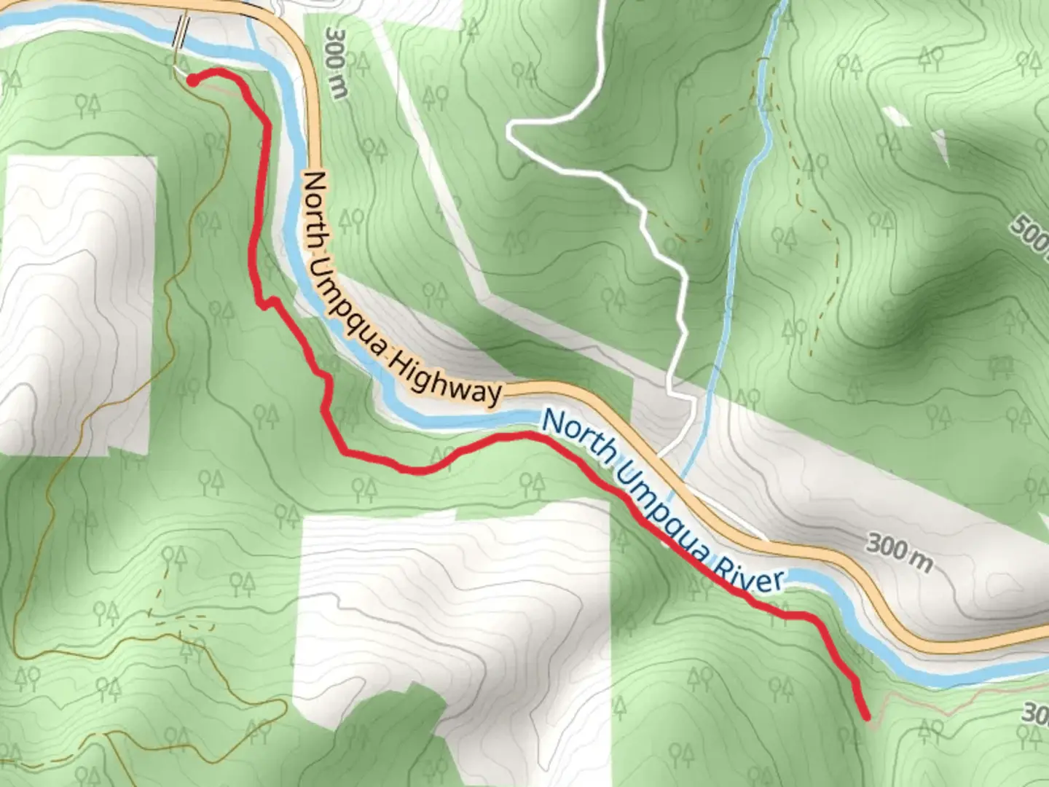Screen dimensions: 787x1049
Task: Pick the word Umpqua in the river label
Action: pos(663,510)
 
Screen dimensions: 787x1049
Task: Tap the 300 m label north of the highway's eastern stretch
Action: pos(899,551)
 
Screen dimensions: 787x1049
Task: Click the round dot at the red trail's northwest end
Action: pos(192,80)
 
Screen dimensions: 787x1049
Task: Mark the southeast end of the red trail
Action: pos(867,716)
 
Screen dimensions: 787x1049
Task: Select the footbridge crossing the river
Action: pos(180,33)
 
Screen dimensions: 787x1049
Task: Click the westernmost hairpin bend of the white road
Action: pos(512,132)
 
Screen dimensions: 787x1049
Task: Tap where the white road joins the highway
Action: pos(659,456)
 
